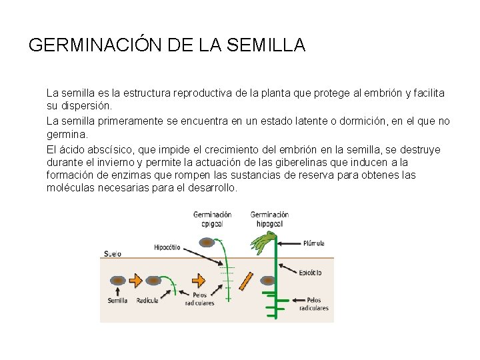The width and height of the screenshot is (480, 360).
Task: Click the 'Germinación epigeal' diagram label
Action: pyautogui.click(x=212, y=219)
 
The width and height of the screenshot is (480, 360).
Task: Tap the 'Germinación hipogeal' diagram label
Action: pyautogui.click(x=269, y=219)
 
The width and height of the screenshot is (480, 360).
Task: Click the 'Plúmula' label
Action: pyautogui.click(x=314, y=243)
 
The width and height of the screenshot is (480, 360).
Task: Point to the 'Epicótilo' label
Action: pyautogui.click(x=311, y=272)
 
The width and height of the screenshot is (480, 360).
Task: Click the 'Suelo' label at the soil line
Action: pyautogui.click(x=113, y=253)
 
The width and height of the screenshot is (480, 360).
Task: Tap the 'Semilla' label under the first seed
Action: pyautogui.click(x=117, y=301)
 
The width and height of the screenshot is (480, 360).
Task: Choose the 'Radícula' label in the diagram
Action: pyautogui.click(x=147, y=301)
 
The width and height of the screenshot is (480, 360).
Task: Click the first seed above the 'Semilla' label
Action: pyautogui.click(x=117, y=281)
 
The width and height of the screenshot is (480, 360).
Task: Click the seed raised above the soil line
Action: pyautogui.click(x=208, y=243)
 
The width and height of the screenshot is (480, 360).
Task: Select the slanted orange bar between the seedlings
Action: pyautogui.click(x=247, y=281)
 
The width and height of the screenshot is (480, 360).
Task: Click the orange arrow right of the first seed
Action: pyautogui.click(x=135, y=281)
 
